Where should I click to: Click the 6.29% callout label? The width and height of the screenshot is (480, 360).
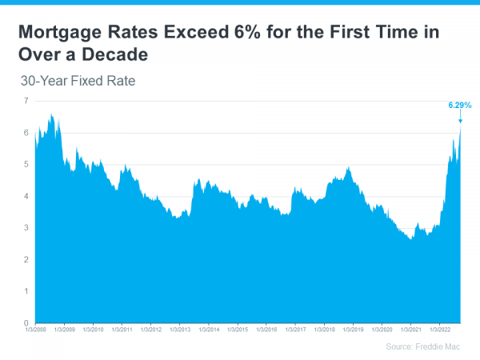(458, 105)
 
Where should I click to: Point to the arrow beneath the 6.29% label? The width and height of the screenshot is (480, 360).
(460, 117)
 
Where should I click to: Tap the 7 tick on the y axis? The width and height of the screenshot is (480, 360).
(26, 101)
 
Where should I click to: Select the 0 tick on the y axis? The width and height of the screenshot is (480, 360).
(26, 323)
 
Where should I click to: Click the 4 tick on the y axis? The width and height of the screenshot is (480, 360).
(26, 196)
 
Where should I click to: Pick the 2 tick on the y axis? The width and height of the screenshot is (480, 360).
(26, 260)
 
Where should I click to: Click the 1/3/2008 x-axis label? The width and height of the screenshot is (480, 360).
(35, 329)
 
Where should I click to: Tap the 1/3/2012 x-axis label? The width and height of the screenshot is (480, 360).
(151, 329)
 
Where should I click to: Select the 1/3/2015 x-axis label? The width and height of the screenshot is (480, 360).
(238, 329)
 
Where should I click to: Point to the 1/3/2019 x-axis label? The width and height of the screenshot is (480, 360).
(353, 329)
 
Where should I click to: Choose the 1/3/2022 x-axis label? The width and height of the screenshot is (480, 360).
(439, 329)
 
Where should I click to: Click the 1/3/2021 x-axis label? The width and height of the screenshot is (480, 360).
(410, 329)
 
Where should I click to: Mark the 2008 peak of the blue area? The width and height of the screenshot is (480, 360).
(51, 115)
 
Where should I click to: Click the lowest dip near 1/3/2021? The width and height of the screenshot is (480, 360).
(410, 238)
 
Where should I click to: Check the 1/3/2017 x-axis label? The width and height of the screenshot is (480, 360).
(295, 329)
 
